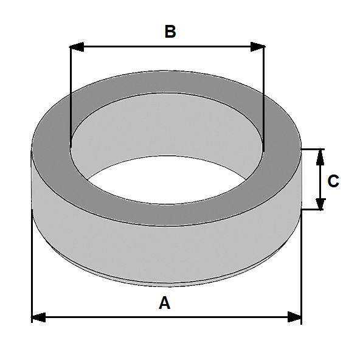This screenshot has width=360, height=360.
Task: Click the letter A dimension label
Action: (x=164, y=302)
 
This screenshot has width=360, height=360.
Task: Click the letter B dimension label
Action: (x=170, y=32)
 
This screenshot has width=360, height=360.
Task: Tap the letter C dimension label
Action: (x=333, y=181)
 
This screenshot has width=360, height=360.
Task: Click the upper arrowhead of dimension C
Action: (x=320, y=155)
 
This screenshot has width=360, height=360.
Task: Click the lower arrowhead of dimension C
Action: (x=320, y=204)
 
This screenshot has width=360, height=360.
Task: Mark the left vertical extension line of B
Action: (x=71, y=97)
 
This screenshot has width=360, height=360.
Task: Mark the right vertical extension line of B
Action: (x=265, y=97)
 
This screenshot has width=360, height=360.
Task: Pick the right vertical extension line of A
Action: (x=302, y=268)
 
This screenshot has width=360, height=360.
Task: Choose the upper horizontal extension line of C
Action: (x=313, y=148)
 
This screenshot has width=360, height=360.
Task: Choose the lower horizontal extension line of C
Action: (x=313, y=210)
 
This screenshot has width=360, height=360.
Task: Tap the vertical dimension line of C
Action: (x=320, y=179)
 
